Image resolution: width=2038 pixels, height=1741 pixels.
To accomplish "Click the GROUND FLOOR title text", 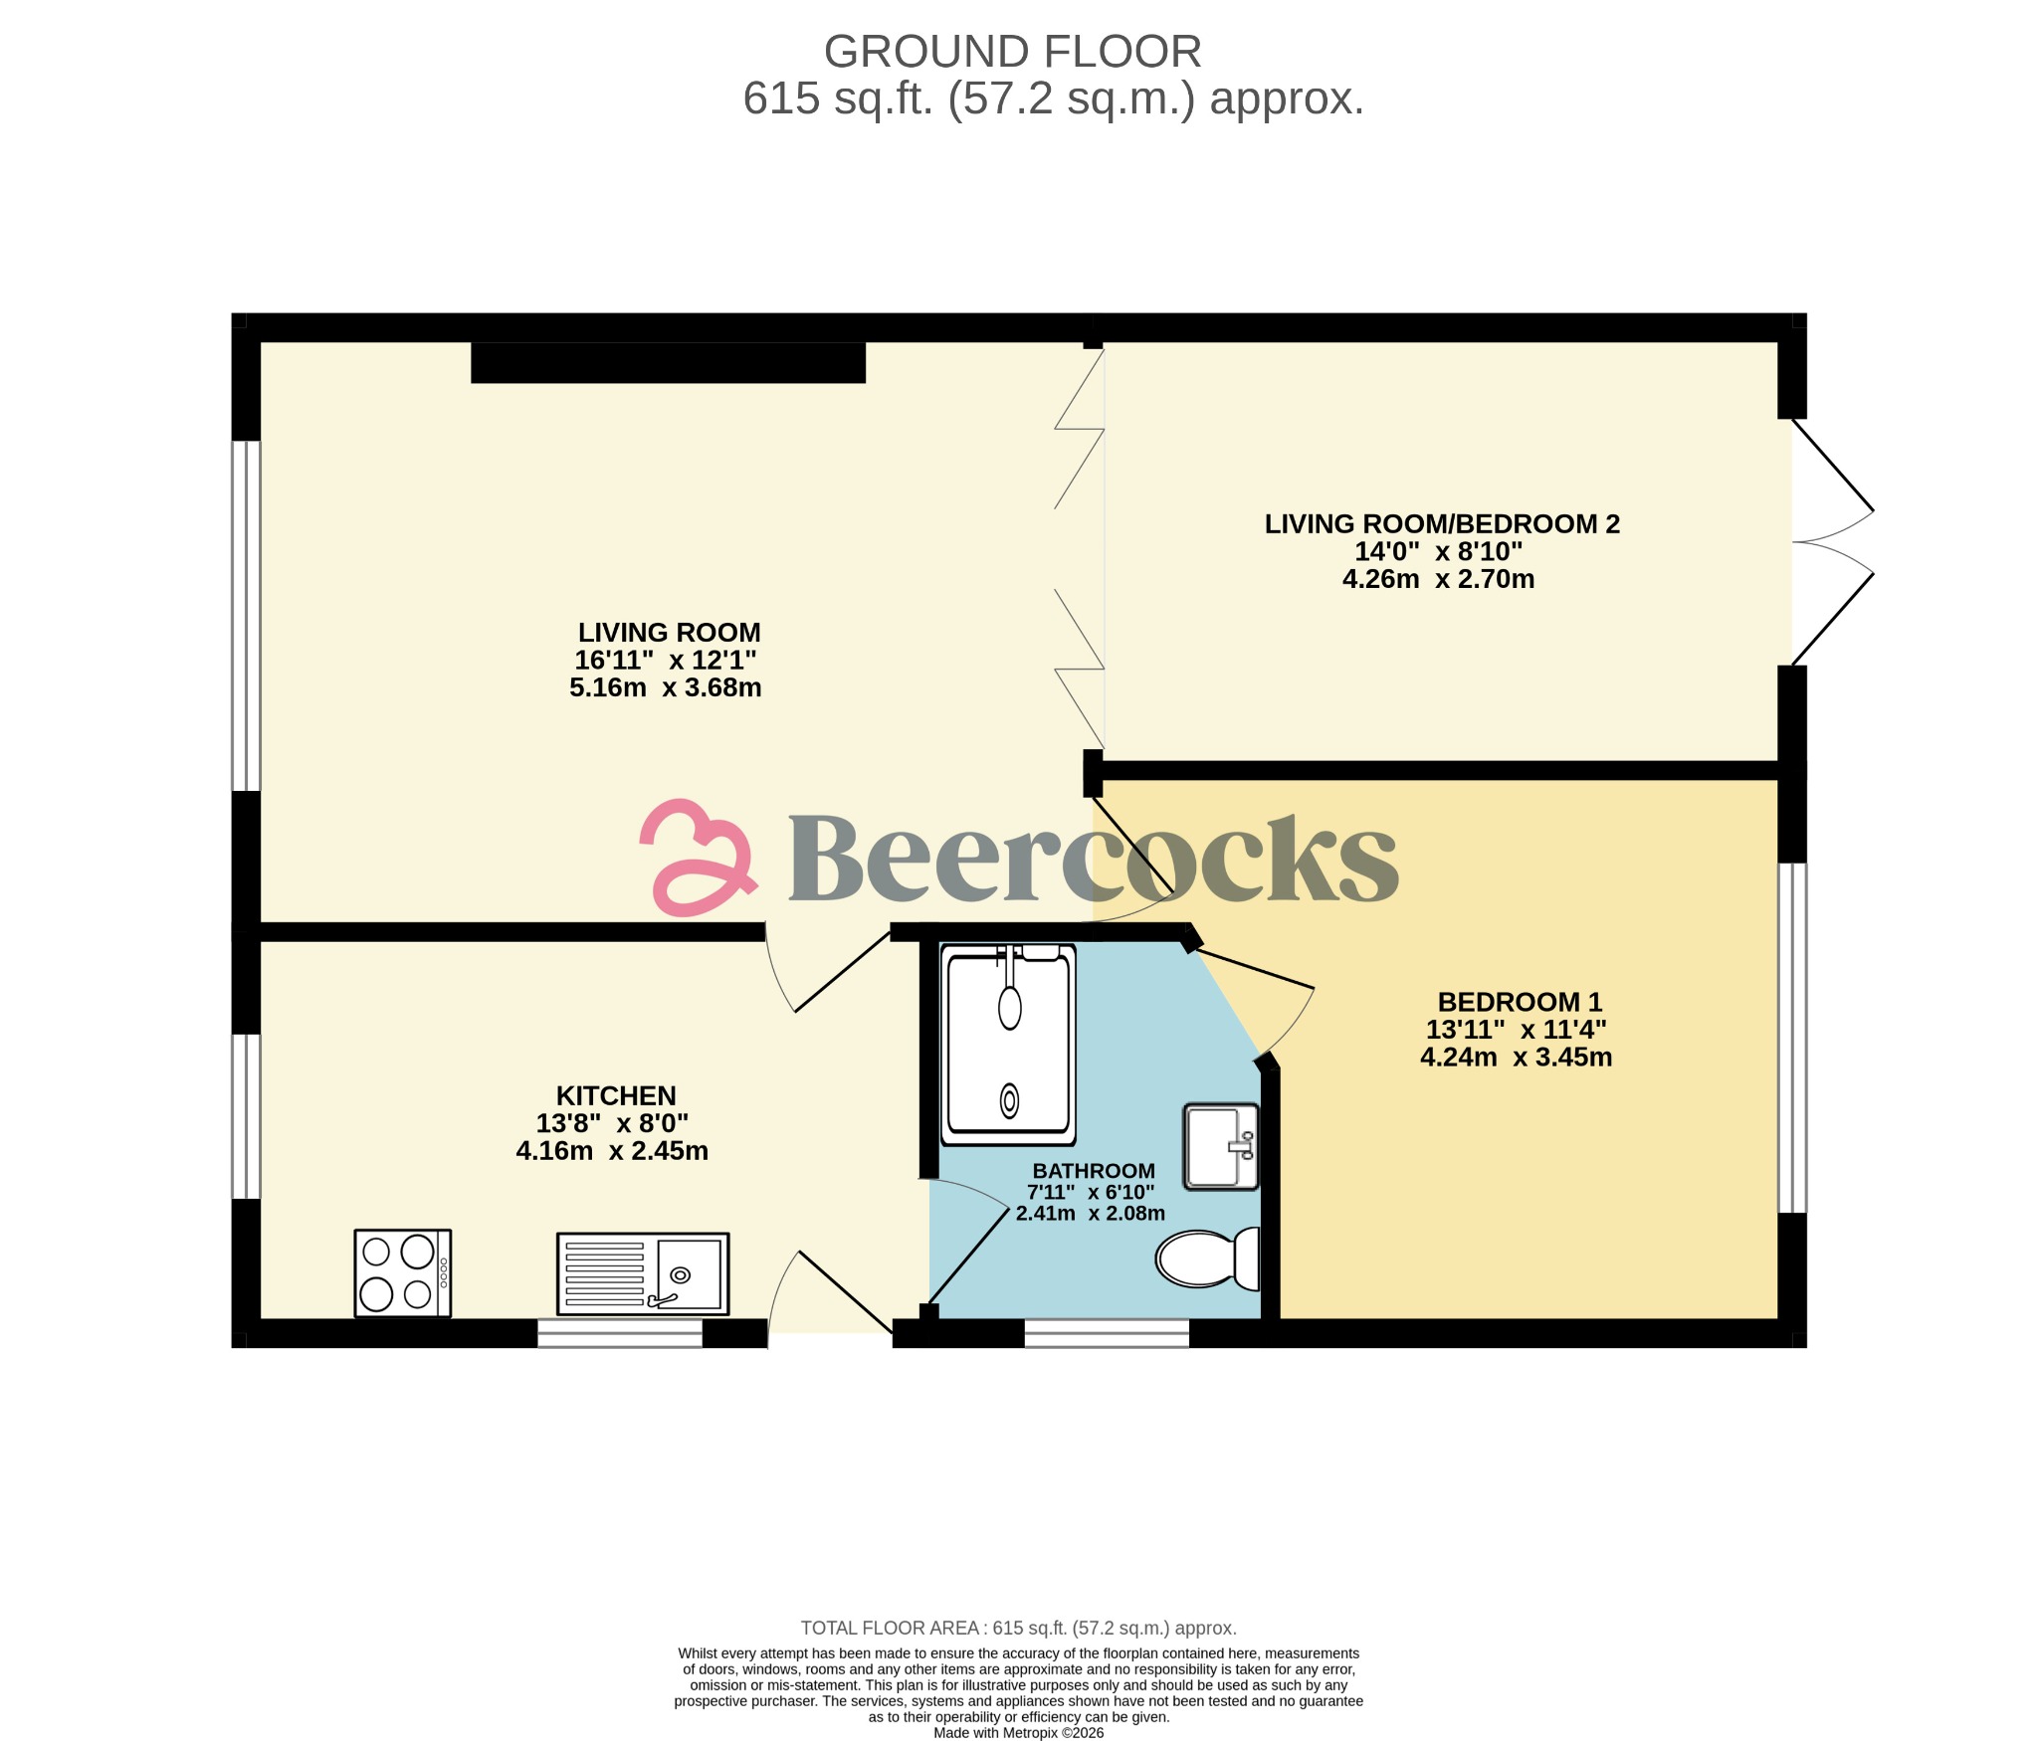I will click(x=1012, y=52).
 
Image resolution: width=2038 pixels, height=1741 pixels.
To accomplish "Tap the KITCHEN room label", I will click(x=616, y=1095).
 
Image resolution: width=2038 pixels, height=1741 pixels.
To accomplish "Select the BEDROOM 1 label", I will click(x=1520, y=1002).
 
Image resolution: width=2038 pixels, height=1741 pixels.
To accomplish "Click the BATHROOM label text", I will click(x=1094, y=1171).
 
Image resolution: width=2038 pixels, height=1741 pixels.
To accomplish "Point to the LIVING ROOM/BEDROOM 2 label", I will click(x=1442, y=524).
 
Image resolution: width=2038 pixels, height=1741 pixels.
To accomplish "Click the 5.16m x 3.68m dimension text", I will click(x=665, y=687).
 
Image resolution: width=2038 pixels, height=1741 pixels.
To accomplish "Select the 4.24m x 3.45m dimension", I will click(x=1516, y=1057).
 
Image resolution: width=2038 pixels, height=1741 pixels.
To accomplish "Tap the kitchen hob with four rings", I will click(x=403, y=1273).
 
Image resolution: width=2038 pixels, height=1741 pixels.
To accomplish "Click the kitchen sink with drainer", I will click(x=643, y=1274).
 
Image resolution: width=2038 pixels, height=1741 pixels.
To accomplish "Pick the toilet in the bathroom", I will click(x=1207, y=1258).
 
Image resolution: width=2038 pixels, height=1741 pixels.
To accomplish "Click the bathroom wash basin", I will click(x=1221, y=1146).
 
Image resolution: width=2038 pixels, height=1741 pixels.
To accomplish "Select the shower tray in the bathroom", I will click(x=1009, y=1043).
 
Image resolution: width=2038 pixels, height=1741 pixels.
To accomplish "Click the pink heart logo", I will click(x=697, y=858).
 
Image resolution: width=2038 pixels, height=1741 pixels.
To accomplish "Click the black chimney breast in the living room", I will click(x=668, y=363).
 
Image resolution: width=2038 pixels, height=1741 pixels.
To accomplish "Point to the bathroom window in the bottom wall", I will click(x=1107, y=1333).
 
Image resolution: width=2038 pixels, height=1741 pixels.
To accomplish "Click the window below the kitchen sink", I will click(x=620, y=1333).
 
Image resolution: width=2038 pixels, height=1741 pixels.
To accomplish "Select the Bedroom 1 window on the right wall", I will click(x=1792, y=1038).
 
